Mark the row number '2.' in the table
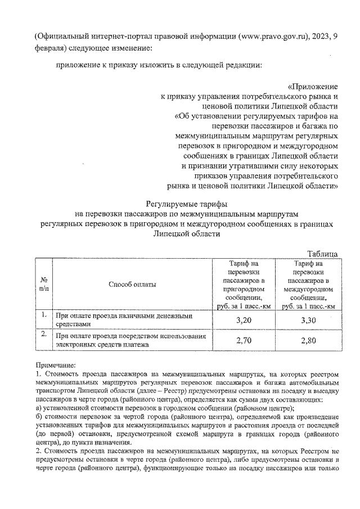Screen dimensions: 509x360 [43, 335]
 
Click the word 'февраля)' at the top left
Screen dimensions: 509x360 [51, 48]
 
